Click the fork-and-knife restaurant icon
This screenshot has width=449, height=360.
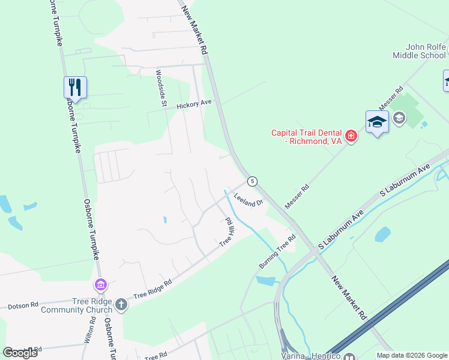tap(76, 87)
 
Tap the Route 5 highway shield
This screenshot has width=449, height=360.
tap(253, 181)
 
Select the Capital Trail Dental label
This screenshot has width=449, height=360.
tap(306, 137)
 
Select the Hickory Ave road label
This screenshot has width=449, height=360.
tap(194, 104)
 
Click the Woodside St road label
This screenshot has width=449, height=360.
tap(161, 88)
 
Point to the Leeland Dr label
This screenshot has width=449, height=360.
tap(249, 199)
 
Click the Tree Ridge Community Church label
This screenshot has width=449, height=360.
tap(77, 305)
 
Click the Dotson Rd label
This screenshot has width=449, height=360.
tap(23, 306)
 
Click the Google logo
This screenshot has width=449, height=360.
tap(20, 353)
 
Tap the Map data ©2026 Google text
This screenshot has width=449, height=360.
tap(411, 355)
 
